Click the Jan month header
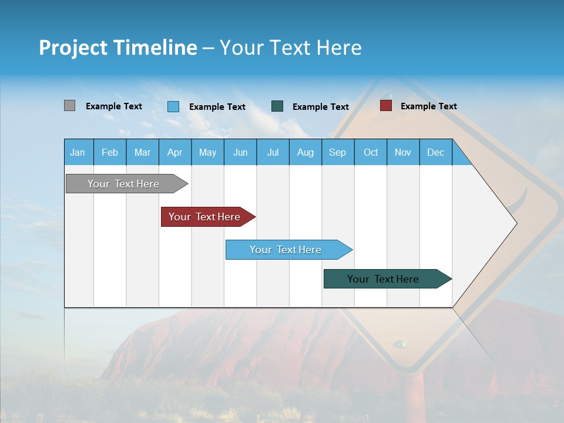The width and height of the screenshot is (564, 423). coord(78,152)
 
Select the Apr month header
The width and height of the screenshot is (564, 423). coord(175,152)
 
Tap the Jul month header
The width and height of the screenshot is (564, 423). coord(273,152)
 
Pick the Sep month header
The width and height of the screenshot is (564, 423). coord(337,152)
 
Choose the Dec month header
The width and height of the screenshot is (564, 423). coord(435,152)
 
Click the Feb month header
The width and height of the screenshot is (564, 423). coord(110,152)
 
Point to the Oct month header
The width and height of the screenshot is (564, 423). coord(371,152)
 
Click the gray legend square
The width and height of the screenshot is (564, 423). coord(70,106)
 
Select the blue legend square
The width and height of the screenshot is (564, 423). coord(173,106)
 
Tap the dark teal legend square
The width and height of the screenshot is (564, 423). coord(277,106)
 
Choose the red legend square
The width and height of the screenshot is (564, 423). coord(385,106)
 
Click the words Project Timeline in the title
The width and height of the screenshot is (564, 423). coord(118,48)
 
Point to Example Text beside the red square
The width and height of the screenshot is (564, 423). coord(428,106)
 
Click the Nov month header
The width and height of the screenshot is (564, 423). coord(403,152)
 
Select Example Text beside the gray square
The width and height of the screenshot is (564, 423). coord(114,106)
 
